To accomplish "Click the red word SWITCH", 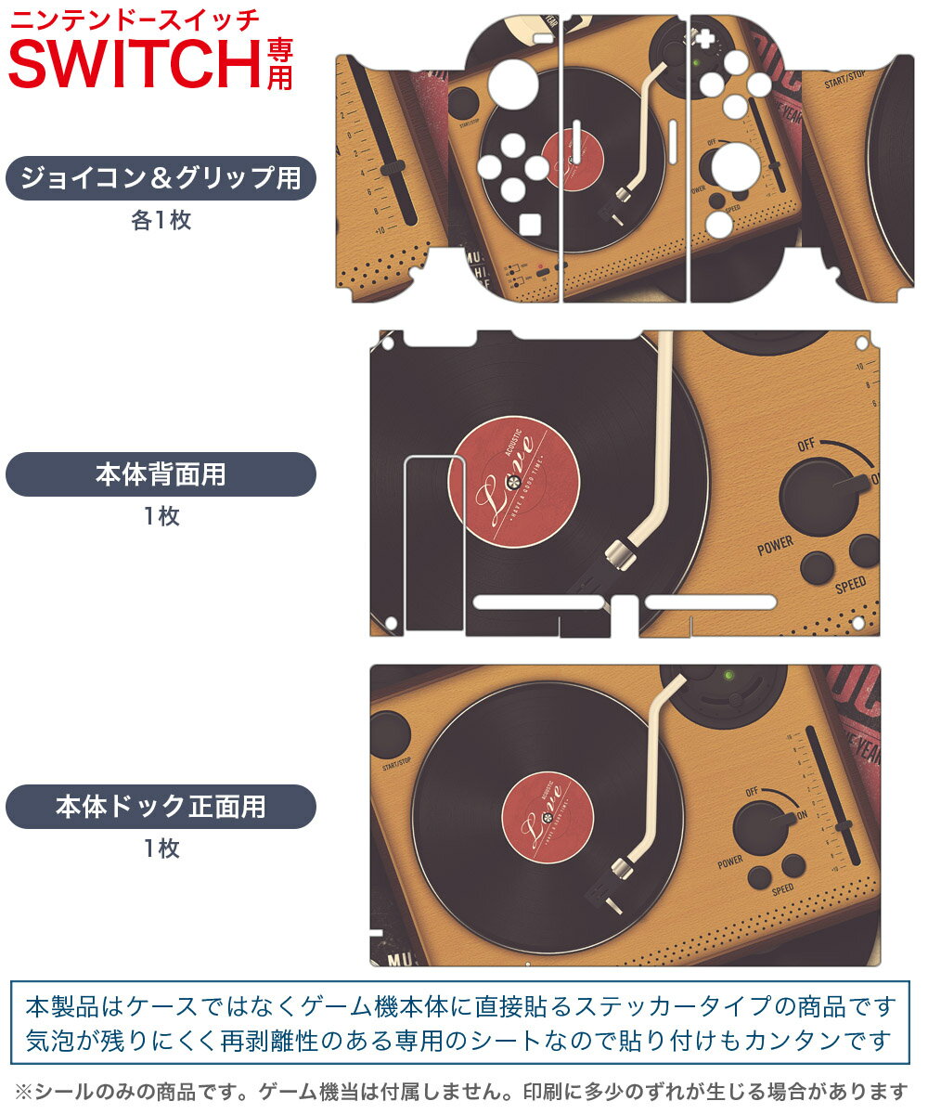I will point(135,63).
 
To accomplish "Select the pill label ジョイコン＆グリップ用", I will point(161,178).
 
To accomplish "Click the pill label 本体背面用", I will point(161,474).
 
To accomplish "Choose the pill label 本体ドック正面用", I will point(161,807).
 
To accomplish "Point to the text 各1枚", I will point(161,222).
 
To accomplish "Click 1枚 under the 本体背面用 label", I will point(161,517).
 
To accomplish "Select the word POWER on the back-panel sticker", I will point(775,545).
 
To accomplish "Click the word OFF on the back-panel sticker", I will point(805,446).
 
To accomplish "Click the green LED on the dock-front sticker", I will point(729,675).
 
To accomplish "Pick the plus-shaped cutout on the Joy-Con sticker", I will point(704,39).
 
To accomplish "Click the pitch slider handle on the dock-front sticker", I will point(844,825).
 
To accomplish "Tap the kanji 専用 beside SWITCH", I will point(279,63).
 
